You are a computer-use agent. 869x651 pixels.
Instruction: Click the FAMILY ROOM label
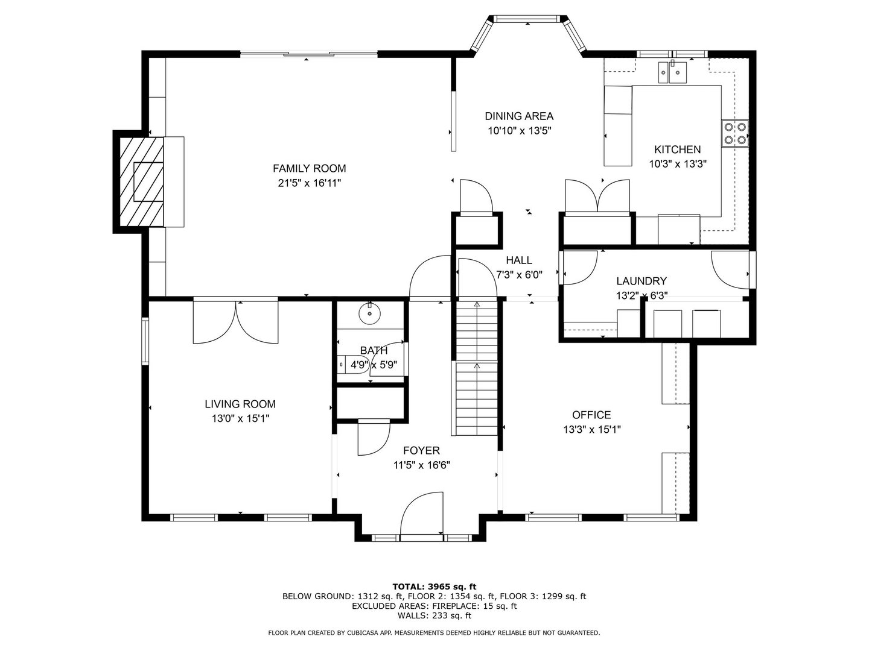(x=309, y=169)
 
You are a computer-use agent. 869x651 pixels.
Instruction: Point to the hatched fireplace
(x=141, y=181)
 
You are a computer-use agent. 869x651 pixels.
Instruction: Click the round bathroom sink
(x=369, y=313)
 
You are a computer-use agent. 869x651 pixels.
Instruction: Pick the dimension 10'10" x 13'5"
(x=519, y=130)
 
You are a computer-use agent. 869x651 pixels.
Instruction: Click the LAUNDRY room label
(x=641, y=281)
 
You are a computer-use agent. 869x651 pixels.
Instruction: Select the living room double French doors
(x=235, y=322)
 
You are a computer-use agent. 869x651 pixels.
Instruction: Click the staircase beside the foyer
(x=477, y=368)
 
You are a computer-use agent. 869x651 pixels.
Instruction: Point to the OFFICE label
(x=591, y=415)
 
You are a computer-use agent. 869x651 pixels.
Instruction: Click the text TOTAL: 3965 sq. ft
(x=434, y=586)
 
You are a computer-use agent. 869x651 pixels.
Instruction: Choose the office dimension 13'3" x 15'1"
(x=591, y=429)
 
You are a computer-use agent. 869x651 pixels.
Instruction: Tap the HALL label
(x=519, y=260)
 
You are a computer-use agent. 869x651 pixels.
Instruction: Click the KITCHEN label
(x=677, y=149)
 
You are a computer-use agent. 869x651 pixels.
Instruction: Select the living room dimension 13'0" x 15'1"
(x=240, y=418)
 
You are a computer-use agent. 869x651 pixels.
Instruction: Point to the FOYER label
(x=421, y=450)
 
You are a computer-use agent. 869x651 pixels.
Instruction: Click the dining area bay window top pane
(x=529, y=19)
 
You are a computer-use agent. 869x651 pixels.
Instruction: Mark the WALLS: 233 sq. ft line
(x=434, y=615)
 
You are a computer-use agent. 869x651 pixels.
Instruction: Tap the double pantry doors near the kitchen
(x=597, y=197)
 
